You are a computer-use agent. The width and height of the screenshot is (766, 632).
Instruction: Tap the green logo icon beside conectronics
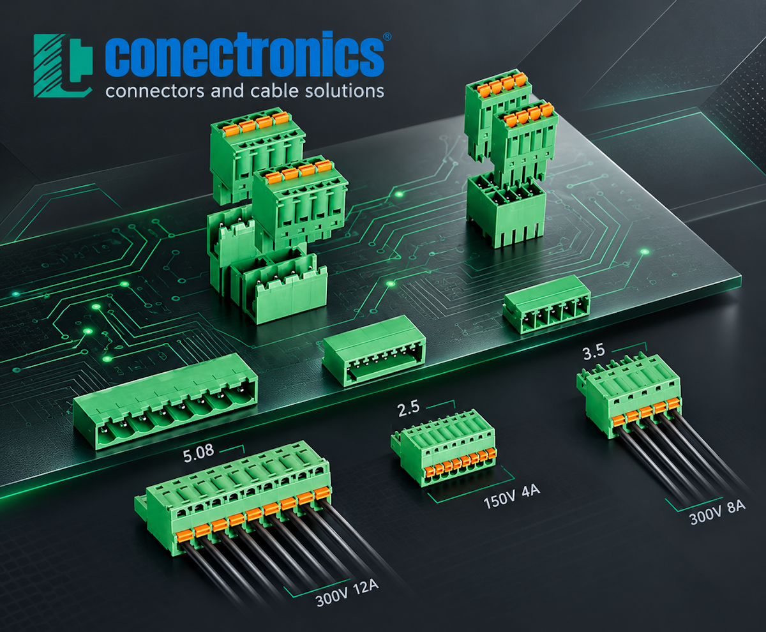63,66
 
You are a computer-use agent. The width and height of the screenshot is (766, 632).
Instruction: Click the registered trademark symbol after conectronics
387,36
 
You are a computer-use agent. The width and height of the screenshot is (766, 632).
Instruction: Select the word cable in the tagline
274,91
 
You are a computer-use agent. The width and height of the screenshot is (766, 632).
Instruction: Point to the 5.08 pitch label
199,455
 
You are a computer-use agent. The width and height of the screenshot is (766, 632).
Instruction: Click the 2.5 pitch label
409,409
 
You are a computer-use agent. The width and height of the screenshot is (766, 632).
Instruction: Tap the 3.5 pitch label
594,352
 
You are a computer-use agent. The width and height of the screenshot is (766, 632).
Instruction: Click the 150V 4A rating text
512,496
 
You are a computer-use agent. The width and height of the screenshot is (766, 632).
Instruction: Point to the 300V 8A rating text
717,513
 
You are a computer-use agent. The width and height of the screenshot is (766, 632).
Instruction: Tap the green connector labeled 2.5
444,448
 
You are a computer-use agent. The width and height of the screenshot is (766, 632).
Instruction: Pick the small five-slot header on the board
546,304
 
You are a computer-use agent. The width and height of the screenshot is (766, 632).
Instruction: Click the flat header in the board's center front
374,350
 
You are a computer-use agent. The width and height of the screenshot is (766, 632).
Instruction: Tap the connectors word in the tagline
154,91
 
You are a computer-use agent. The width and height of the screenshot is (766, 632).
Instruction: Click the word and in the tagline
227,91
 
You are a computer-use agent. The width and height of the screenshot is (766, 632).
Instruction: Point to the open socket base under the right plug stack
506,210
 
